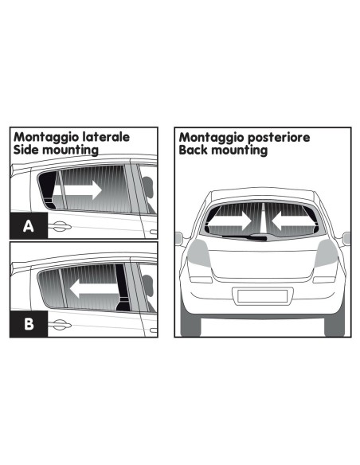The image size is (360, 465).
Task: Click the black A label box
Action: [x=28, y=226]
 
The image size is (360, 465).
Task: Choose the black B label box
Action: [x=28, y=323]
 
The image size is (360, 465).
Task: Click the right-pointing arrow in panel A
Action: [x=81, y=190]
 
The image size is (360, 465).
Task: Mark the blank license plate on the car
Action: [x=262, y=296]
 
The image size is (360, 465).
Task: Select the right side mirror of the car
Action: [x=346, y=237]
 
